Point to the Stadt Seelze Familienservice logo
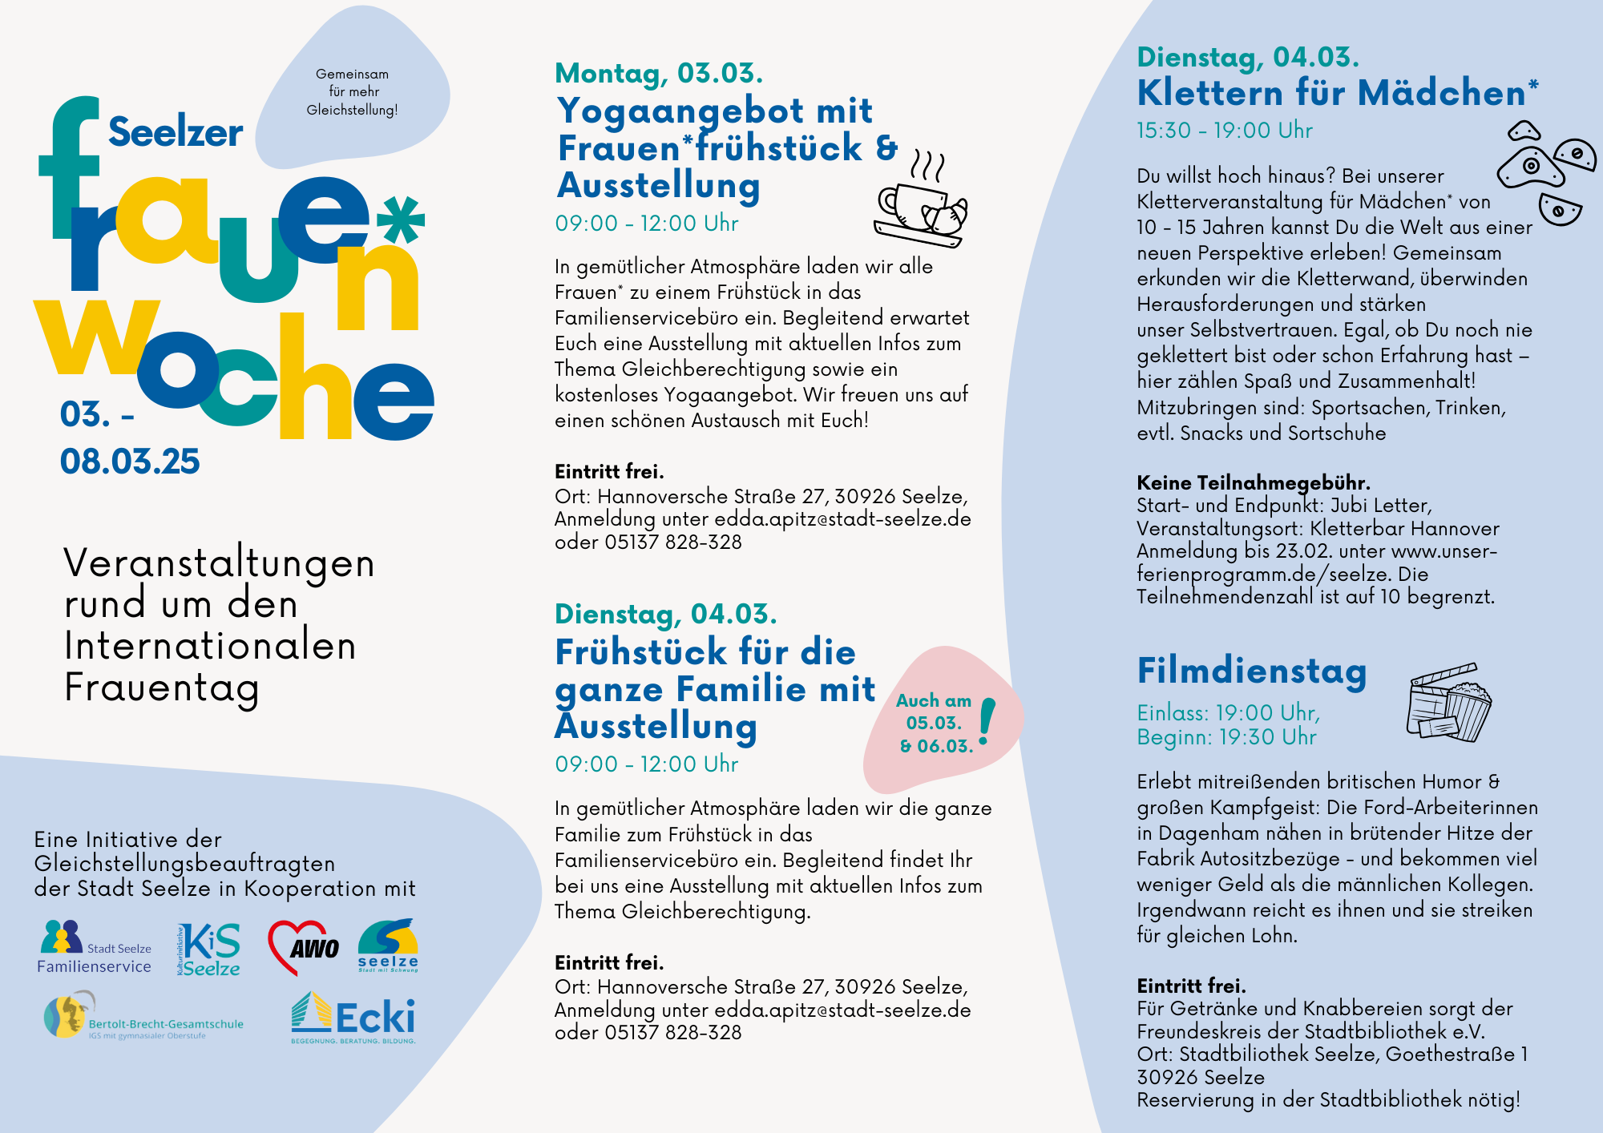[x=95, y=947]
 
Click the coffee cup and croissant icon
[x=921, y=200]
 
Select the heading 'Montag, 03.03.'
[x=659, y=73]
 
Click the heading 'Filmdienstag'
[x=1252, y=671]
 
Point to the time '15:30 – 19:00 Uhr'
[x=1225, y=131]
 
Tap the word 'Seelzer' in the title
[x=176, y=132]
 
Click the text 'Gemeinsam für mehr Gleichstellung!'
[x=352, y=92]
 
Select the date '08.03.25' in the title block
[x=130, y=462]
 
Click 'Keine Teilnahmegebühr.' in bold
[x=1254, y=482]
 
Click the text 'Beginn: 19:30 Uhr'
[x=1226, y=737]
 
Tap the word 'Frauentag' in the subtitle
[x=162, y=687]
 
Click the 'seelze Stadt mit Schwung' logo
[x=388, y=946]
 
